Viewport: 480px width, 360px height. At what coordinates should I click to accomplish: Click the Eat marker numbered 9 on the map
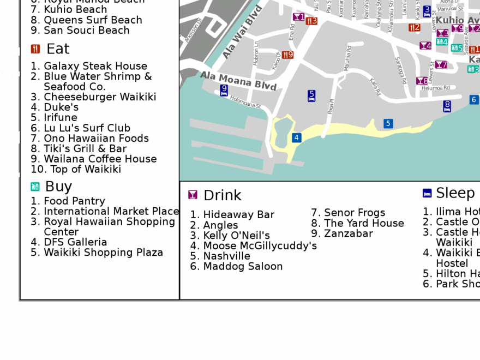tap(287, 55)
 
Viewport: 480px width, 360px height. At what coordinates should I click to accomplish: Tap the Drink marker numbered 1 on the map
tap(298, 17)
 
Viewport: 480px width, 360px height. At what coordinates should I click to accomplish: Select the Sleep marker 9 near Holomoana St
tap(224, 90)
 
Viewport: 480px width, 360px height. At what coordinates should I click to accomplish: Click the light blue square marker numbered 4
tap(297, 137)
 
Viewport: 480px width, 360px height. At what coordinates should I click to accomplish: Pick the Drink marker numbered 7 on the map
tap(441, 65)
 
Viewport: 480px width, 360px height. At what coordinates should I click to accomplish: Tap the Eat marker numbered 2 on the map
tap(415, 27)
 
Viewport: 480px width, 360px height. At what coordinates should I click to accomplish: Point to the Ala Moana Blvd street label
tap(238, 80)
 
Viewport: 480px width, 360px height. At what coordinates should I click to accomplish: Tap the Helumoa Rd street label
tap(435, 88)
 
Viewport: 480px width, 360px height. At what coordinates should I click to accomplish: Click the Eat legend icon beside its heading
tap(35, 49)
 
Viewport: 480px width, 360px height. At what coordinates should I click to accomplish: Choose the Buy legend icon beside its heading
tap(35, 187)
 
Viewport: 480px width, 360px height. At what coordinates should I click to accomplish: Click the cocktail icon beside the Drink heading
tap(193, 195)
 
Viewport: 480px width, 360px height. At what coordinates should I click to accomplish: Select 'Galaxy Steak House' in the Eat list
tap(95, 66)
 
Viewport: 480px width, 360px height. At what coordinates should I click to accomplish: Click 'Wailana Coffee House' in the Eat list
tap(100, 159)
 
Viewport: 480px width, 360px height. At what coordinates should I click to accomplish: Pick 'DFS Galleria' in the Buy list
tap(75, 242)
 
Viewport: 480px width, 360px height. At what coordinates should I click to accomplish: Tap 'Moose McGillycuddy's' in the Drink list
tap(260, 245)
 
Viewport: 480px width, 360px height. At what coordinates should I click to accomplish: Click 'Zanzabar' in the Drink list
tap(348, 233)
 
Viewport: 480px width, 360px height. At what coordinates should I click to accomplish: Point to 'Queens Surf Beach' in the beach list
tap(93, 20)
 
